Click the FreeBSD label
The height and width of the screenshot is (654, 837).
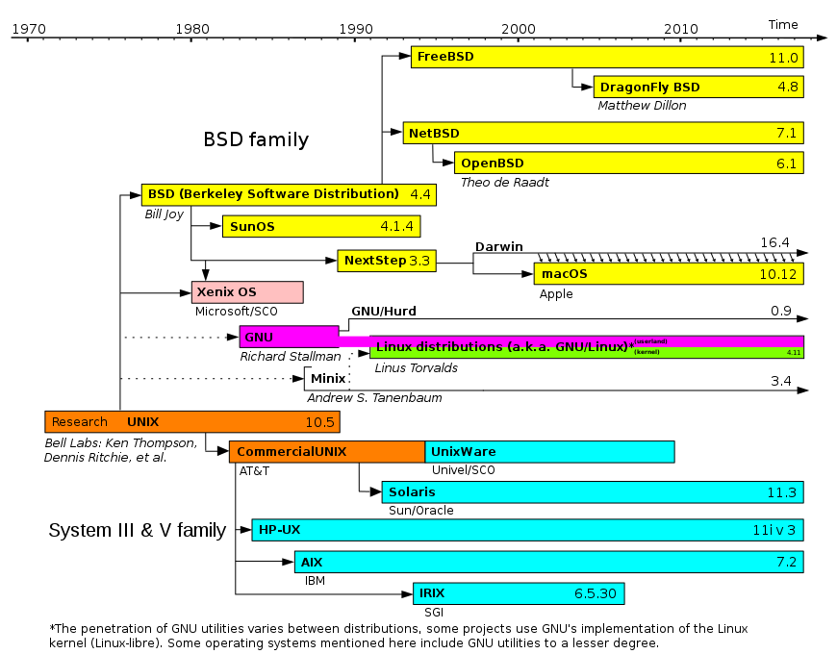tap(445, 57)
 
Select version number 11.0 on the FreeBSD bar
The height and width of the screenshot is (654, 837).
tap(783, 58)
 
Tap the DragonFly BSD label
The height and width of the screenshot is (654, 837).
tap(650, 88)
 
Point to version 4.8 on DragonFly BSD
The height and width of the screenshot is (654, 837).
tap(788, 88)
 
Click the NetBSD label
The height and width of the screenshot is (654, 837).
tap(434, 134)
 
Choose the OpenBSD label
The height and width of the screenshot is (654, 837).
tap(493, 163)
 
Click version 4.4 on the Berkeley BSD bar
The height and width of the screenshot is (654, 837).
tap(420, 194)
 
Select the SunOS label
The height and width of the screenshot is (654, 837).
tap(252, 227)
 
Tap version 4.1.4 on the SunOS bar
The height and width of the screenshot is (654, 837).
tap(396, 227)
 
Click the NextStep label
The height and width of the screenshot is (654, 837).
tap(375, 261)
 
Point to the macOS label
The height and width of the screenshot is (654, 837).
tap(565, 274)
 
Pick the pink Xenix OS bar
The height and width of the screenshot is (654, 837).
tap(247, 292)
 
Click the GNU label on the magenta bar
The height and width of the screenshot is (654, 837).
tap(259, 338)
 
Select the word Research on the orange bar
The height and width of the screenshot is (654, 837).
tap(80, 422)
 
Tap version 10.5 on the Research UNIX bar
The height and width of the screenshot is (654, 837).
tap(319, 422)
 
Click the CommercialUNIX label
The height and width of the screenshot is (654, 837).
tap(292, 452)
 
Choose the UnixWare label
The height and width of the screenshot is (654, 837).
tap(464, 452)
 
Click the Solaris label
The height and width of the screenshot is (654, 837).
tap(412, 492)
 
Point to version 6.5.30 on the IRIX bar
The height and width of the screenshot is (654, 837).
tap(596, 593)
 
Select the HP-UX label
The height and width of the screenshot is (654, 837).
tap(280, 530)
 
